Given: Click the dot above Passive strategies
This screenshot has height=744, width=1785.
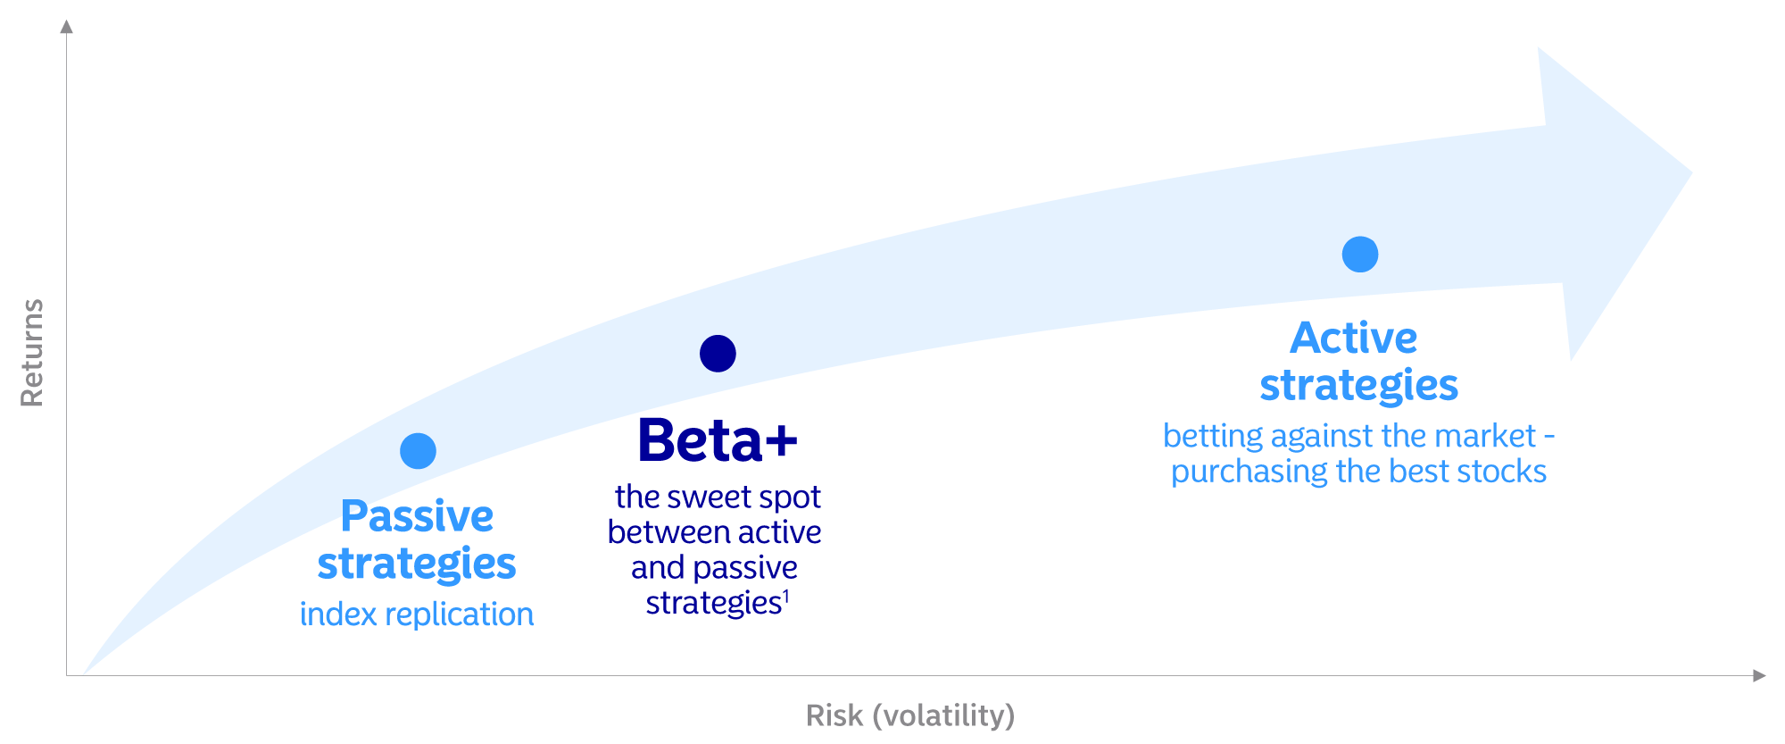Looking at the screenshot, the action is pos(418,451).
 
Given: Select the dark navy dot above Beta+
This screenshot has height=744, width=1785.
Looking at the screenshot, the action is pos(718,354).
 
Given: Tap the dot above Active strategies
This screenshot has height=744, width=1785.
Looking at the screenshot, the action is pos(1360,255).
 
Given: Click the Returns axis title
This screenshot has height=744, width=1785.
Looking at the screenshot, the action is pos(32,353).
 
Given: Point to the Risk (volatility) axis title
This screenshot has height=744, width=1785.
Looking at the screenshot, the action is pos(910,715).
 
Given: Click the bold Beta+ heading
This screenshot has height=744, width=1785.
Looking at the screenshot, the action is pos(718,440).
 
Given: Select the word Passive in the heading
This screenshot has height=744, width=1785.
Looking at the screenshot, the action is pos(417,516).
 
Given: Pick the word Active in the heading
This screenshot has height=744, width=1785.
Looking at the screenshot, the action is pos(1354,338).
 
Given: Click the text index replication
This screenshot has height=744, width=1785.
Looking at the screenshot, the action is pos(417,614).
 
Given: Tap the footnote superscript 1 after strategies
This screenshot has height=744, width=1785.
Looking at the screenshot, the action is pos(785,596).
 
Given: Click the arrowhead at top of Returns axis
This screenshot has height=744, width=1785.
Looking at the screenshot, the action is pos(66,26).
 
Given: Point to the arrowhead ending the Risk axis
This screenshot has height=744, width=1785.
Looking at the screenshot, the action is pos(1759,675).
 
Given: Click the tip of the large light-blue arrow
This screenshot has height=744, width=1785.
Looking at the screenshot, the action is pos(1691,172).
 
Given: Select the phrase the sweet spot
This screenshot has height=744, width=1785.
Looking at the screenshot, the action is pos(718,497).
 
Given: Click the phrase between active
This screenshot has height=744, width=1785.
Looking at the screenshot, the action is pos(715,532).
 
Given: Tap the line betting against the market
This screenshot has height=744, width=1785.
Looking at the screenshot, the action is pos(1358,436).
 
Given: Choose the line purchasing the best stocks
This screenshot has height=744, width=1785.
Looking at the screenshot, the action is pos(1358,472).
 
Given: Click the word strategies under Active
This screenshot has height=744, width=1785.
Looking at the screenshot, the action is pos(1358,386).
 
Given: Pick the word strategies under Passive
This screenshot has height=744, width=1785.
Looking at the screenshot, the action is pos(417,564).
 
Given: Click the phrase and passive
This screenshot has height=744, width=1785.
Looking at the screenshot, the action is pos(714,568).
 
